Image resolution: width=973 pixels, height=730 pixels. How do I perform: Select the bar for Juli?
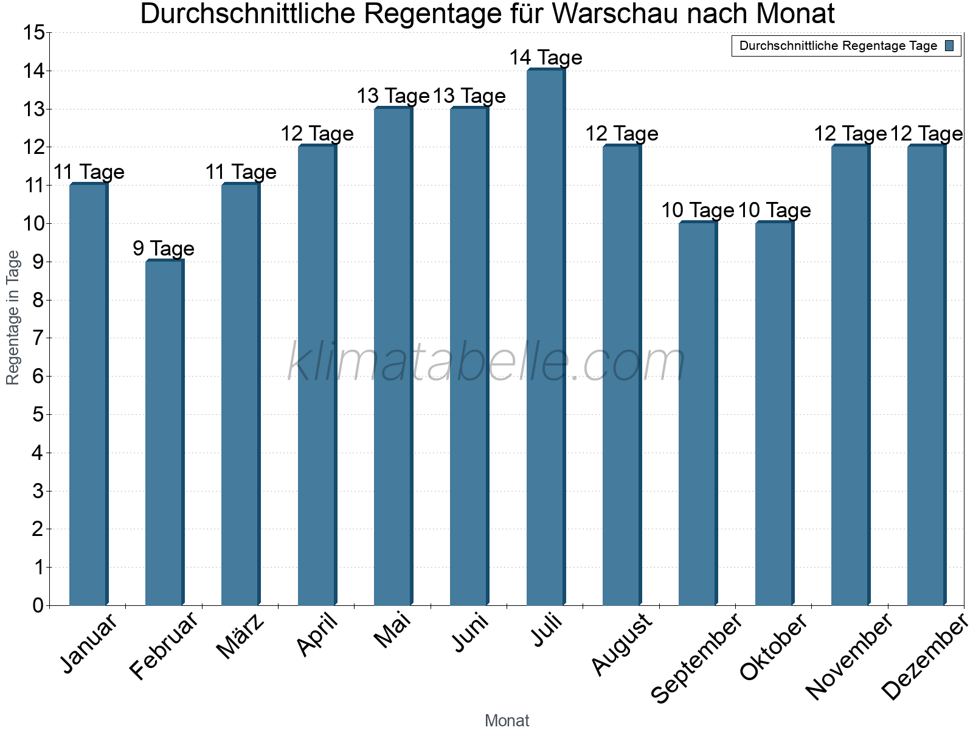545,338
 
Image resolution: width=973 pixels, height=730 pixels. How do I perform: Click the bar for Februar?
164,433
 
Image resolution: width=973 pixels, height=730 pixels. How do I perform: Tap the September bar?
698,414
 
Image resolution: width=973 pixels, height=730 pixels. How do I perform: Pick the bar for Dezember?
926,375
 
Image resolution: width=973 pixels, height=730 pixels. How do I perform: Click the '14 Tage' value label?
545,58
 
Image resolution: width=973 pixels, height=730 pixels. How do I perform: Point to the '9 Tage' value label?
164,248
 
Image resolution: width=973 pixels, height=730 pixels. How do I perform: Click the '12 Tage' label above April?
317,134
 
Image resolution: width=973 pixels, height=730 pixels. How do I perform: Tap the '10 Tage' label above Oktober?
774,210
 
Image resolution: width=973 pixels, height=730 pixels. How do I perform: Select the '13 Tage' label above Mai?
393,96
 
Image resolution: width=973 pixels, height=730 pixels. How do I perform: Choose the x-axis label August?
622,644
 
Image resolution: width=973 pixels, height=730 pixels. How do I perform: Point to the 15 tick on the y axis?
34,33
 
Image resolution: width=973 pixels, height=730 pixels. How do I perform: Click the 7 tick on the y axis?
38,338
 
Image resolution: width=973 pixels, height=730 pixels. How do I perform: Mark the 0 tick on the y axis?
38,605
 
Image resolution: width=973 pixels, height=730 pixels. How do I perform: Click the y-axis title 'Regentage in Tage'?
13,318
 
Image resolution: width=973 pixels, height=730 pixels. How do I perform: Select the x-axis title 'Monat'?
507,720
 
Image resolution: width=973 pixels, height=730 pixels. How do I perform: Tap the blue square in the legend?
949,46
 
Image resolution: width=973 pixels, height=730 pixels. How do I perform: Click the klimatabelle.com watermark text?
486,362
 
